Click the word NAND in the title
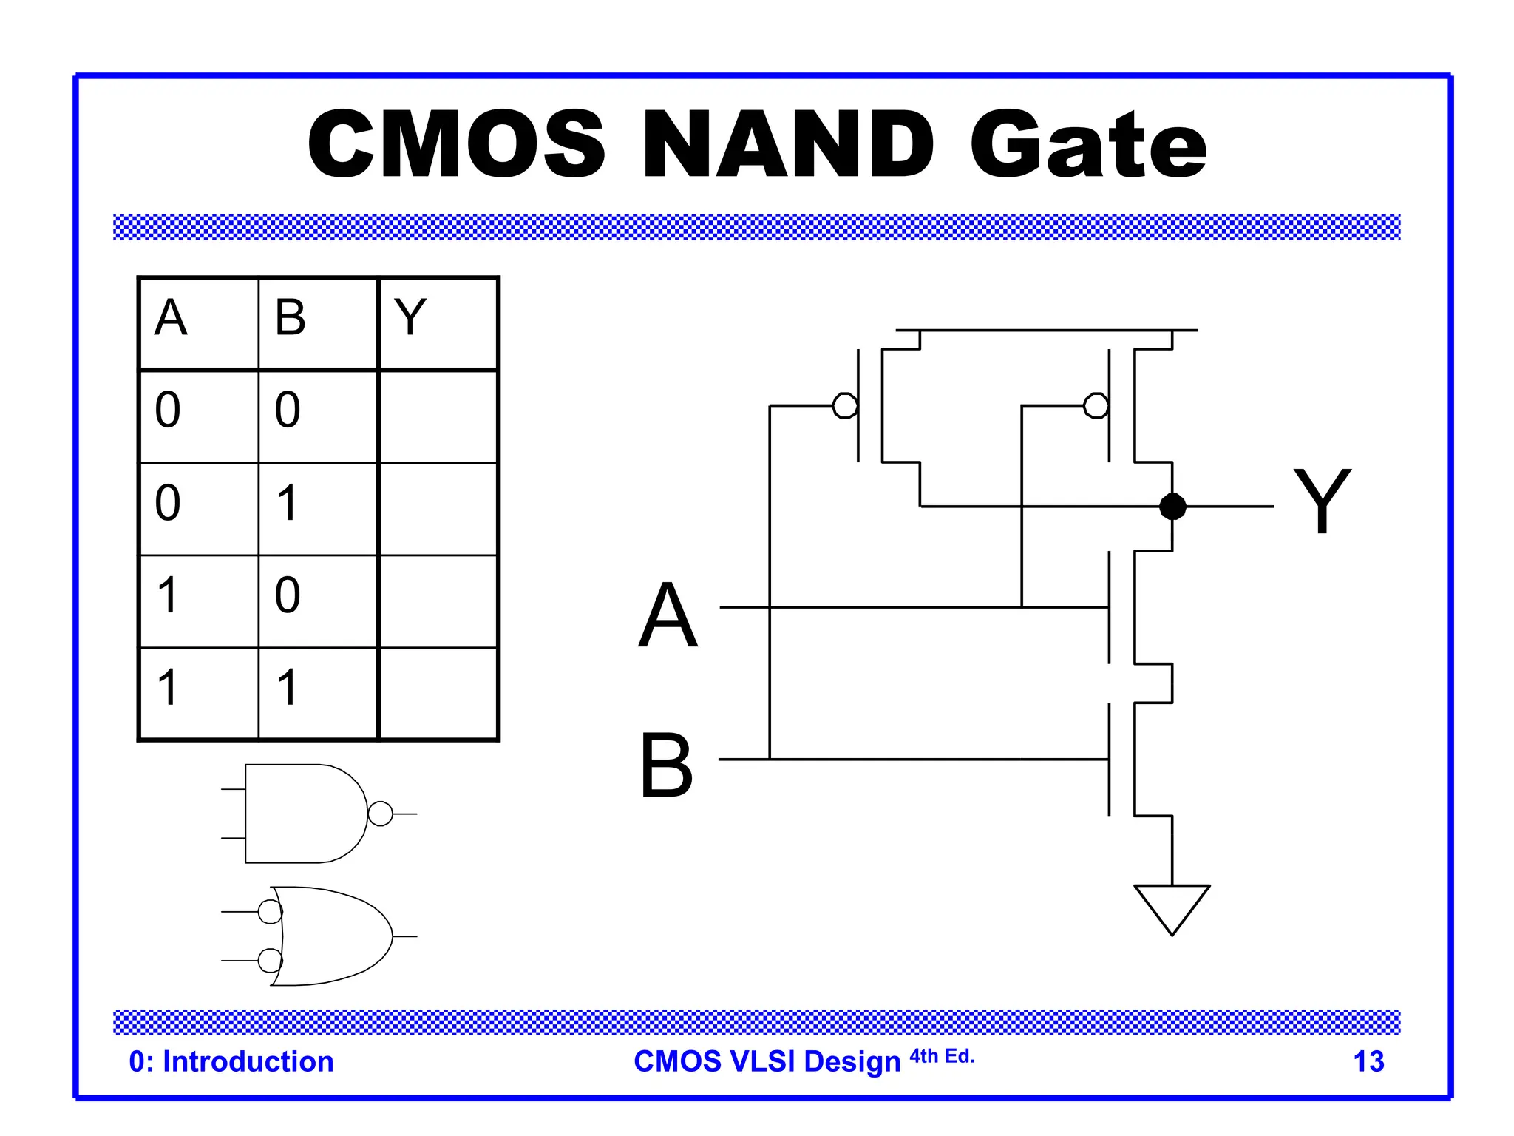coord(788,144)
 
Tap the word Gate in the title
coord(1088,144)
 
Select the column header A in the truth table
coord(171,318)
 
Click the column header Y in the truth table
coord(410,318)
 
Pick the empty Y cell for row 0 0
coord(438,416)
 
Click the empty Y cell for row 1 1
coord(438,693)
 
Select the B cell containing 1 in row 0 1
coord(288,503)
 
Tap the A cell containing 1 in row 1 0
coord(168,595)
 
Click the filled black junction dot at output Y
coord(1172,507)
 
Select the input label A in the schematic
coord(668,615)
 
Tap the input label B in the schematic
coord(666,766)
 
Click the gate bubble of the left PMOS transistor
coord(844,405)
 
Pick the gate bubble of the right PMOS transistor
coord(1096,405)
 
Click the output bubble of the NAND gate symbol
coord(380,814)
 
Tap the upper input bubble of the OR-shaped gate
coord(270,912)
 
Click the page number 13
coord(1368,1062)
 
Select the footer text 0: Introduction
coord(231,1062)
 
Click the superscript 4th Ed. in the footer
coord(942,1056)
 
